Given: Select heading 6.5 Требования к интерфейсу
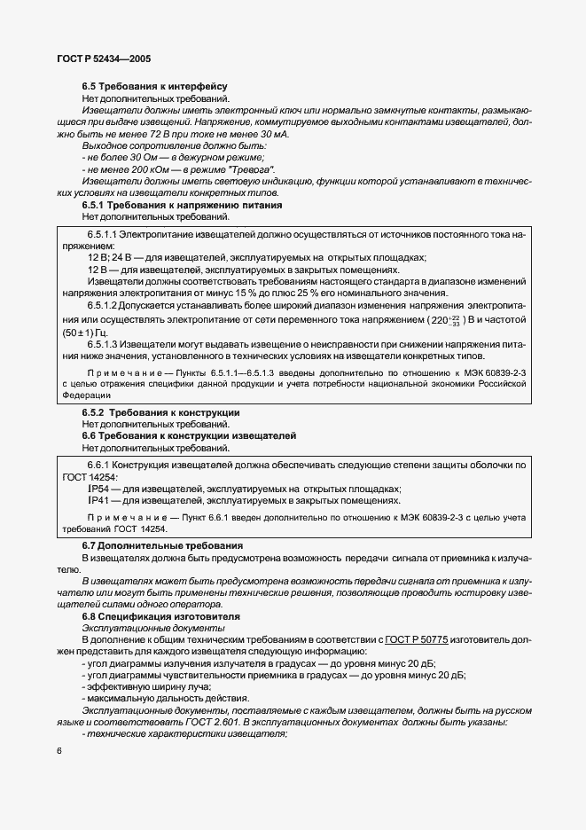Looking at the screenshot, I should coord(142,87).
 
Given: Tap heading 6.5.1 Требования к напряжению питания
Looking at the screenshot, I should coord(182,204).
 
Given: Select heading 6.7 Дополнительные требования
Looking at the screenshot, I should coord(162,544).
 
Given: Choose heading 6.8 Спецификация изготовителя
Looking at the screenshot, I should coord(162,615).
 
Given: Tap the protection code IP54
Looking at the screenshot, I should coord(99,489).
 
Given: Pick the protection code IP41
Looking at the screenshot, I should coord(99,500).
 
